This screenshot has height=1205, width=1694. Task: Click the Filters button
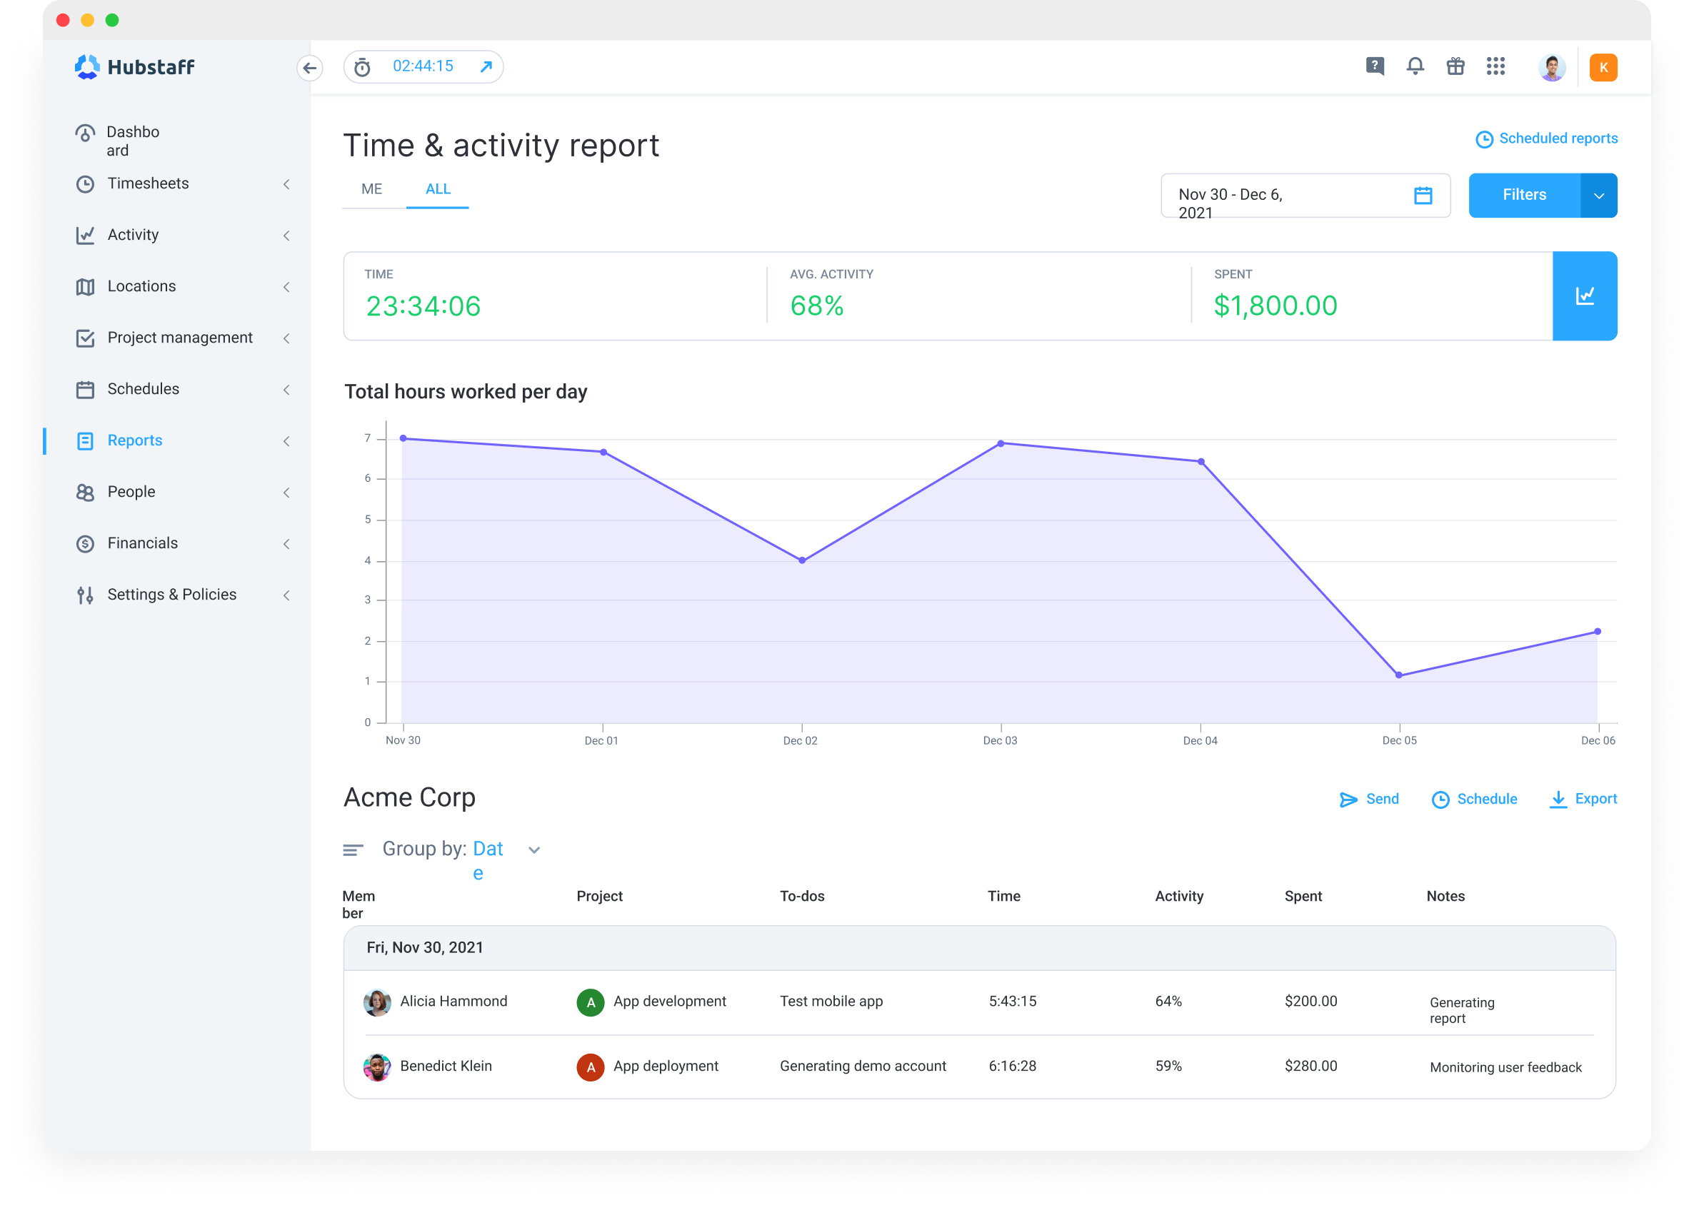1523,195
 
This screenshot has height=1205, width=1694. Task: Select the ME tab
371,189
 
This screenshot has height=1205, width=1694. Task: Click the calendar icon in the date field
1423,196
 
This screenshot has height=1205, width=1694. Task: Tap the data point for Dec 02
802,560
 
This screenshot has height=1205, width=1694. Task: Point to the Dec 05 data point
1398,675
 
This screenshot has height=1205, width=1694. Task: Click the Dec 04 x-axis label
1200,740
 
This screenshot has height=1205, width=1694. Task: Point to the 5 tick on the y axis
368,520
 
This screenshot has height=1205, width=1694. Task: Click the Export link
1583,799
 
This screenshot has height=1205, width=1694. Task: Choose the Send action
1369,799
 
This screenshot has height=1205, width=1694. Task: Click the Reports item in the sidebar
134,440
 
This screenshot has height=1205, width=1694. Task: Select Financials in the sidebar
143,543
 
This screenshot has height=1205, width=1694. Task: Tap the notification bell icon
1415,67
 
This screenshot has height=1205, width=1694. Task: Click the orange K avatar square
1603,68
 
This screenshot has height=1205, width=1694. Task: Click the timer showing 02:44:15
422,67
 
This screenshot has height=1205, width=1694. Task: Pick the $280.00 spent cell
1310,1067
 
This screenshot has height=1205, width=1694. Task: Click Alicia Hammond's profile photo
377,1002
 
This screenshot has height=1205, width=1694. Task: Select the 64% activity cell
1168,1002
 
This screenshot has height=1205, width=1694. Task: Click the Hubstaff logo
135,68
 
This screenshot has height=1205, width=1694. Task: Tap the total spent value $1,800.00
1275,306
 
